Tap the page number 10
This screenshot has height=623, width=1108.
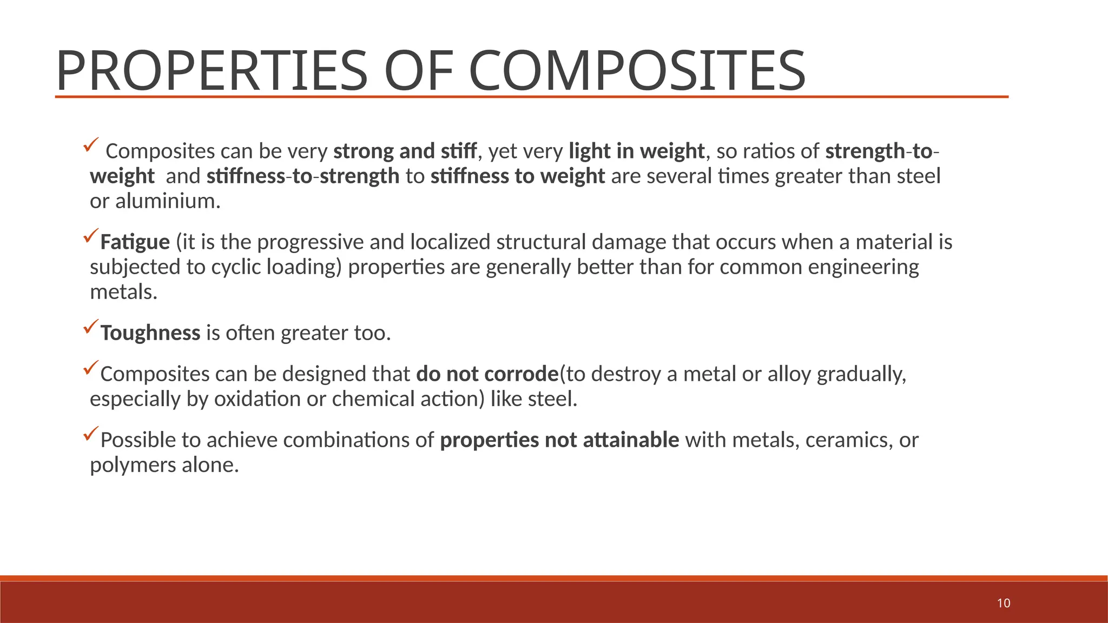1004,604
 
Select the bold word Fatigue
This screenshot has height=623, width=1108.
135,242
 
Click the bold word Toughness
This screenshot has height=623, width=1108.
150,333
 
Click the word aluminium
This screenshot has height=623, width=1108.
168,201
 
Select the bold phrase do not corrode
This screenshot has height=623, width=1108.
487,374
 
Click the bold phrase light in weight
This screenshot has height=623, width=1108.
636,151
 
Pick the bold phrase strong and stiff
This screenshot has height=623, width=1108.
405,151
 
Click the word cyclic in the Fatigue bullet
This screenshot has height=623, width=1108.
235,267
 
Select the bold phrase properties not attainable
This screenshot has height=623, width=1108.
559,440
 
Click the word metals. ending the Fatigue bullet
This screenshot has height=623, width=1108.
123,292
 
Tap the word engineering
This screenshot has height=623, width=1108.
863,267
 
